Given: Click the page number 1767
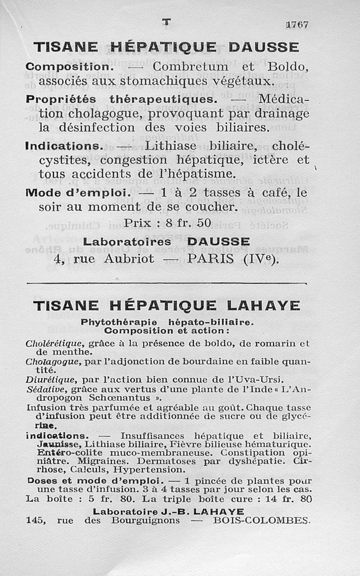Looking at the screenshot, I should click(297, 25).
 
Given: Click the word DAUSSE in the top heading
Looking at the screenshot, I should click(264, 47).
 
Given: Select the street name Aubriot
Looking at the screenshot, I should click(129, 259).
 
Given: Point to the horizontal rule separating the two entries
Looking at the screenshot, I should click(166, 283).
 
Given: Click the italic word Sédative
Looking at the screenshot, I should click(42, 389).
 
